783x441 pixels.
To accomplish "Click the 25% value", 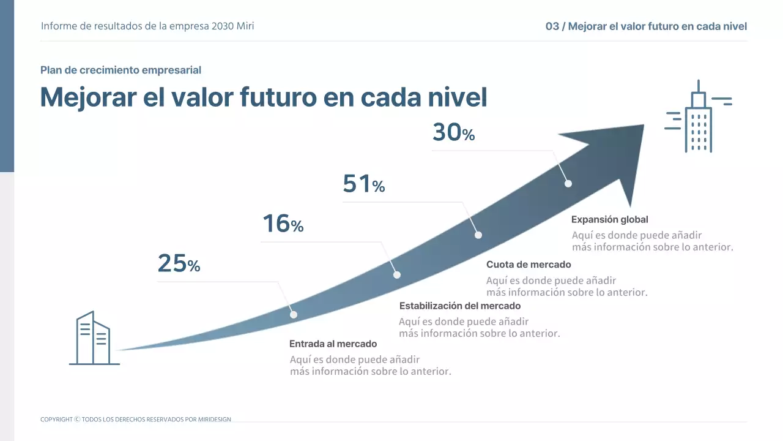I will [179, 264].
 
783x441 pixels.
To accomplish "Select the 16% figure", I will [283, 224].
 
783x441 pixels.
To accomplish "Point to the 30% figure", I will [453, 133].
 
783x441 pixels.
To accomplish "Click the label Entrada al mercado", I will [333, 344].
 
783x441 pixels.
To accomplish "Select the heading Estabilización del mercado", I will [459, 306].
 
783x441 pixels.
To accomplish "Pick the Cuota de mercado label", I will [529, 265].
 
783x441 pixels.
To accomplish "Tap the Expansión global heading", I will [609, 219].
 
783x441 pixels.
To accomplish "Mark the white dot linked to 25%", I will [294, 314].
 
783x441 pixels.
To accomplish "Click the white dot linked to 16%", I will [396, 275].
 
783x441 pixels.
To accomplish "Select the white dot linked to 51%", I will [478, 235].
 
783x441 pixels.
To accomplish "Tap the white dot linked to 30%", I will [568, 183].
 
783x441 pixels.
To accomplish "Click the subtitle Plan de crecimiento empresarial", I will [121, 70].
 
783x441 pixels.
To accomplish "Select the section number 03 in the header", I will [552, 26].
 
